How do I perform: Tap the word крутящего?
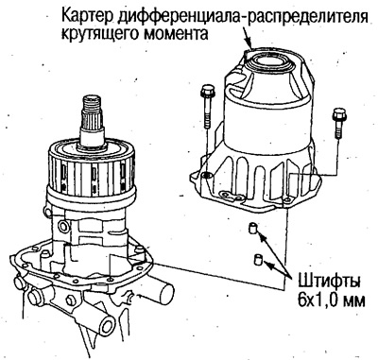(109, 33)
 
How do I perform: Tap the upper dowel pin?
(252, 230)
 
